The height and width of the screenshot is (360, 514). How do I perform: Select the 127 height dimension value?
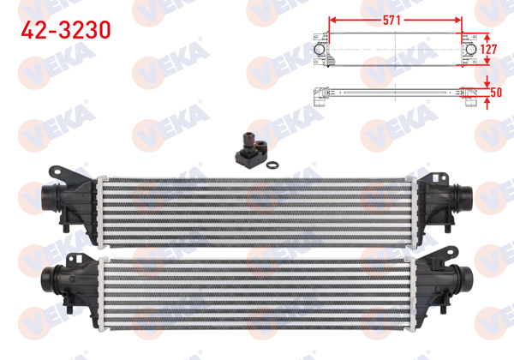488,50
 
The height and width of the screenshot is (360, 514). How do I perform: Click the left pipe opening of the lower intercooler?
44,277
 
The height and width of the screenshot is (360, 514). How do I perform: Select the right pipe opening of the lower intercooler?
471,279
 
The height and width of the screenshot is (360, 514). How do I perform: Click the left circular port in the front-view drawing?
320,51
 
